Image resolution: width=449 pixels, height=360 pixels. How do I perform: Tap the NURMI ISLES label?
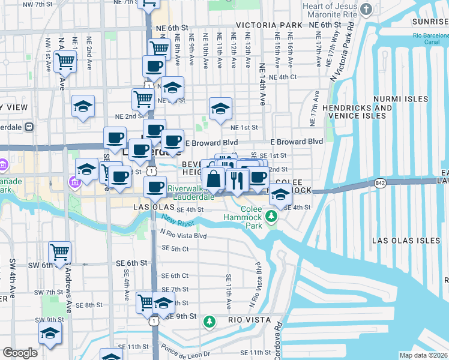(400, 99)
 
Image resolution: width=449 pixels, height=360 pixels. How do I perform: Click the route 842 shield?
(379, 183)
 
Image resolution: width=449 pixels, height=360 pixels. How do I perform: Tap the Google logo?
(20, 353)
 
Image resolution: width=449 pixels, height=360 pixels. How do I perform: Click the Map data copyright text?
(423, 355)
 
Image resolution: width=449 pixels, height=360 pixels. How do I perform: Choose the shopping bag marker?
(213, 178)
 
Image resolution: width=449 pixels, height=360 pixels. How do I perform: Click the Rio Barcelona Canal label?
(430, 38)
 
